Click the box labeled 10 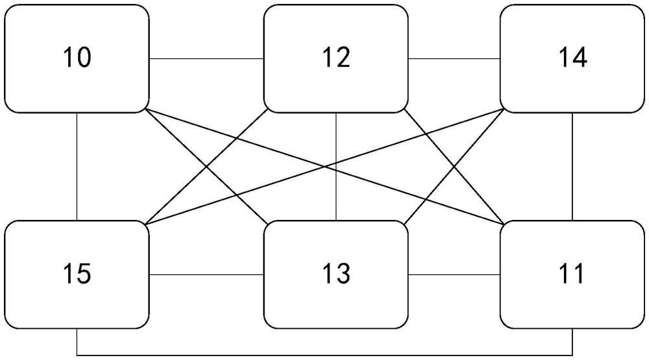click(x=77, y=59)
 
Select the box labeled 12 click(x=336, y=59)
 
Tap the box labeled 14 click(x=572, y=59)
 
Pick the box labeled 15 click(x=77, y=275)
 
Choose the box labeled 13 click(x=336, y=275)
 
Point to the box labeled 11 click(x=572, y=275)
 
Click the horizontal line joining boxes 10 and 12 click(x=206, y=59)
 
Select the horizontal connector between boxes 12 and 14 click(x=454, y=59)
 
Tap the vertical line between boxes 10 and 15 click(x=77, y=166)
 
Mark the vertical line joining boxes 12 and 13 click(x=336, y=166)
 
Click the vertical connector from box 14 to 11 click(x=572, y=166)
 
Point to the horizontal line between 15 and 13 click(x=206, y=275)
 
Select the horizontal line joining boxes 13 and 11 click(x=454, y=275)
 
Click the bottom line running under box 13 click(x=325, y=355)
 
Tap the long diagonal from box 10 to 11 click(x=325, y=167)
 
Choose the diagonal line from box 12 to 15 click(x=206, y=167)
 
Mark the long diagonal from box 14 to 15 click(x=325, y=167)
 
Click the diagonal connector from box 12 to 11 click(x=454, y=167)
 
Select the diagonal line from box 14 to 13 click(x=454, y=167)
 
